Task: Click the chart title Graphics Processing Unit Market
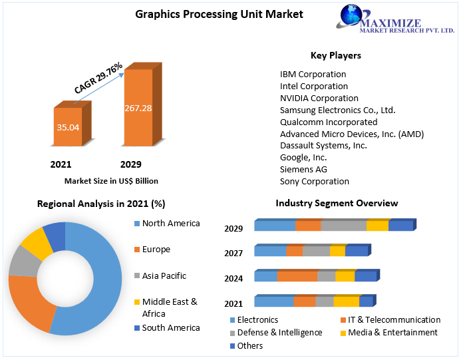[x=210, y=13]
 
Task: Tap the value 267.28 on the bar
[x=138, y=108]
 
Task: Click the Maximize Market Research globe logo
[x=355, y=16]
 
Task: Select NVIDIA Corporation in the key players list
[x=319, y=98]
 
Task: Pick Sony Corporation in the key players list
[x=314, y=181]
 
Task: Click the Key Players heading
[x=335, y=55]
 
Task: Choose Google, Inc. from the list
[x=303, y=157]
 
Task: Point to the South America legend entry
[x=170, y=327]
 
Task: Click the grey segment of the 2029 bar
[x=343, y=226]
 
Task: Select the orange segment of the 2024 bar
[x=297, y=276]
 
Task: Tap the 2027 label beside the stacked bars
[x=233, y=253]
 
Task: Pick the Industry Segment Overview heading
[x=337, y=203]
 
